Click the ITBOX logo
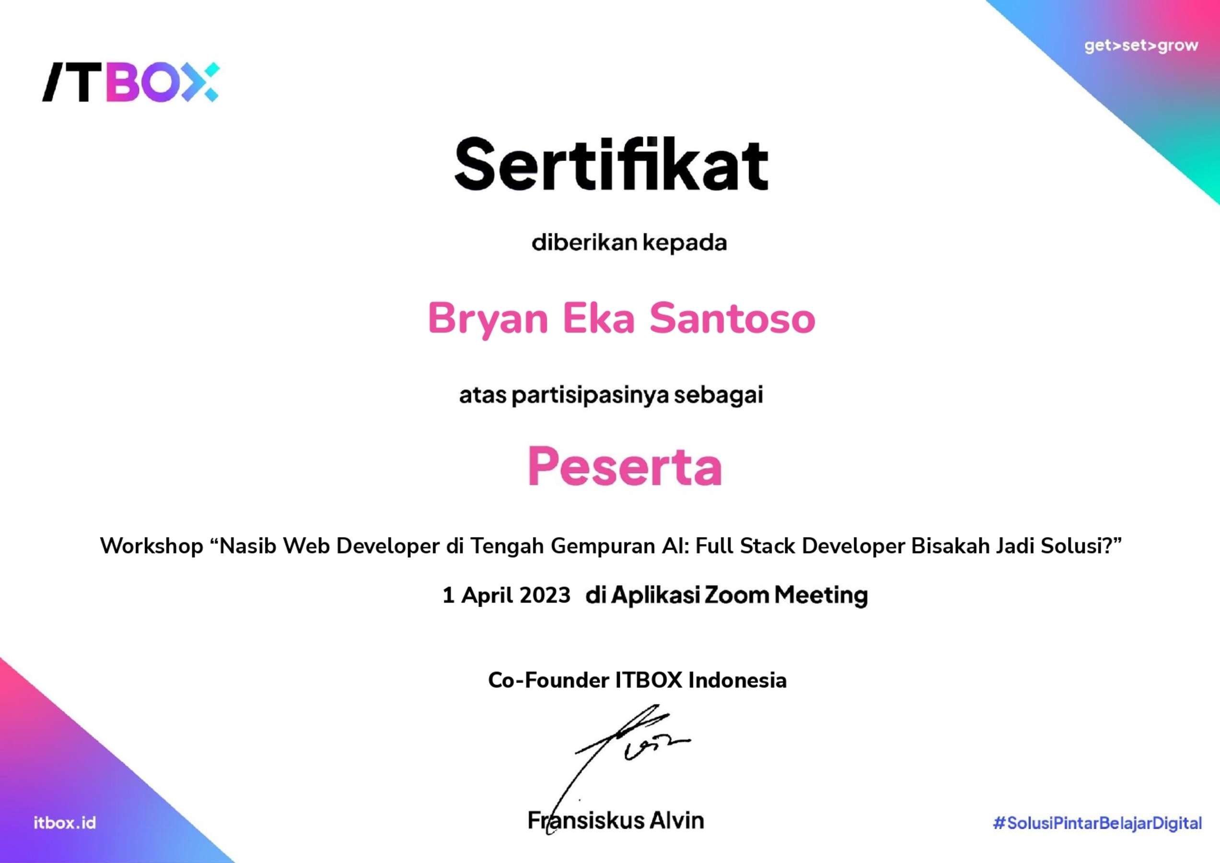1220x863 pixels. [131, 82]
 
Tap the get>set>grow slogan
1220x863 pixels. [1141, 46]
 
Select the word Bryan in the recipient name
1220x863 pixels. [488, 318]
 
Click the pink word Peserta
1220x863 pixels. [625, 466]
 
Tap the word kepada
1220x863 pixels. [685, 243]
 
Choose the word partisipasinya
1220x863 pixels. [590, 396]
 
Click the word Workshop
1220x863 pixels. [151, 546]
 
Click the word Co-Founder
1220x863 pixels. [548, 680]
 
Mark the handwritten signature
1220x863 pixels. [627, 755]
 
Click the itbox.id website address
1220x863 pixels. [65, 823]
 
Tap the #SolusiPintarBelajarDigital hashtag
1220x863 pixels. [1097, 823]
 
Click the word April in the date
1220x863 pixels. [489, 595]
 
